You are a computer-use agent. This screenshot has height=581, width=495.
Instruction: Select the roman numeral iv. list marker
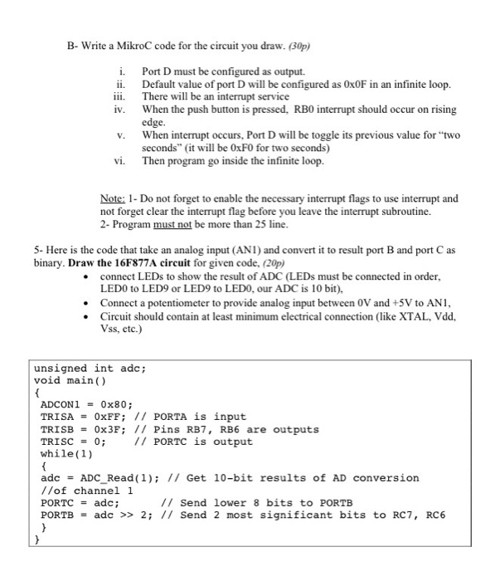point(119,109)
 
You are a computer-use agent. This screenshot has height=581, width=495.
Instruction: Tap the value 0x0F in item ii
point(356,85)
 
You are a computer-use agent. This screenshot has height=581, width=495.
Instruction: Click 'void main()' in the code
point(69,381)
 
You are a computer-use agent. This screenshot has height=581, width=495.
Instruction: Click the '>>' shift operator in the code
point(123,515)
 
